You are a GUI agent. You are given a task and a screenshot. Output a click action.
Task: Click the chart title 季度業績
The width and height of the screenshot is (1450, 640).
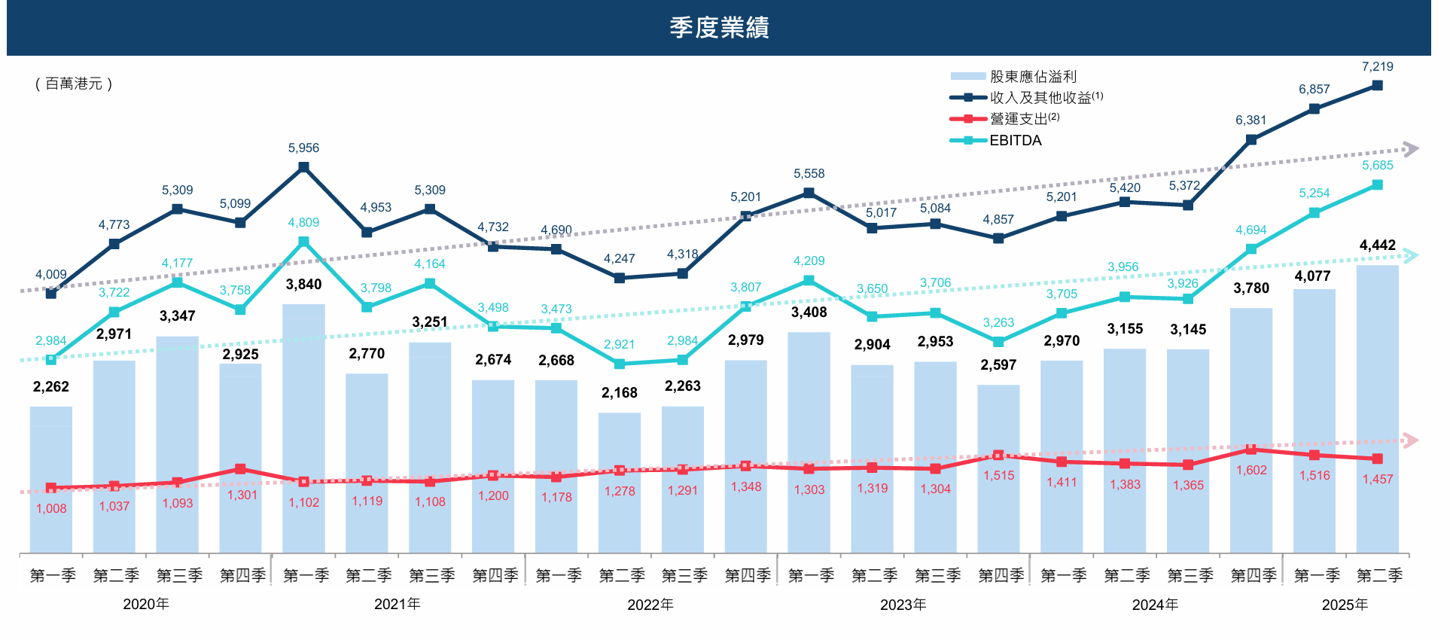click(x=719, y=28)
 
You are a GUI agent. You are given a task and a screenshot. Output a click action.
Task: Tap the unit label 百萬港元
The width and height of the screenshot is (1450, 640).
click(x=74, y=84)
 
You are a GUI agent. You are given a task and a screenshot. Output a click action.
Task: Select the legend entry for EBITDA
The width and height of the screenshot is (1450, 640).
click(x=1014, y=141)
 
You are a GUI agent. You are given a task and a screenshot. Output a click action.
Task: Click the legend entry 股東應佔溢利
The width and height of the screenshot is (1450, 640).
click(x=1032, y=77)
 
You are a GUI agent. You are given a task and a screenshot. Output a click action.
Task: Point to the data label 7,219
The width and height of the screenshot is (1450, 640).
click(x=1377, y=67)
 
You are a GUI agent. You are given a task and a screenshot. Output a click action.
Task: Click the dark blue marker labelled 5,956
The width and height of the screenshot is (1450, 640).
click(x=303, y=167)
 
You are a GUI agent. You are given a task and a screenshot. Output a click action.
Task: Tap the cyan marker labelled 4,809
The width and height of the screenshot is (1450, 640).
click(x=303, y=242)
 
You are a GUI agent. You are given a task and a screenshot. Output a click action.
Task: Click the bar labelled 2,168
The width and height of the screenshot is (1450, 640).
click(x=619, y=482)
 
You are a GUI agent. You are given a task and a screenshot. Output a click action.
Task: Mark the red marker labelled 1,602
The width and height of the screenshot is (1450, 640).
click(x=1250, y=450)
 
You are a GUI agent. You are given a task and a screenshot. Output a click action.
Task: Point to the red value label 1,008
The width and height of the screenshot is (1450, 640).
click(x=51, y=509)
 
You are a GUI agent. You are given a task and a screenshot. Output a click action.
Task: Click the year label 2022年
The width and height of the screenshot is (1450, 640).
click(x=650, y=605)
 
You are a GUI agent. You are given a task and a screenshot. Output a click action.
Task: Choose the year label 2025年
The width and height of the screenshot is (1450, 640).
click(x=1345, y=605)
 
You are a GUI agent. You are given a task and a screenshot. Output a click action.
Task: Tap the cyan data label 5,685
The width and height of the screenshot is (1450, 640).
click(x=1377, y=166)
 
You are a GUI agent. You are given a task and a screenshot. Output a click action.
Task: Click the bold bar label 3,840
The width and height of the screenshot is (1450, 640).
click(x=303, y=285)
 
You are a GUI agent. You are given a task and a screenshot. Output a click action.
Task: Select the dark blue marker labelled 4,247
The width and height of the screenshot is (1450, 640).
click(x=619, y=278)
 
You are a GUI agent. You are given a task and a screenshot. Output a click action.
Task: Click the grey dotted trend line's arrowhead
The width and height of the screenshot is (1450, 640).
click(x=1412, y=149)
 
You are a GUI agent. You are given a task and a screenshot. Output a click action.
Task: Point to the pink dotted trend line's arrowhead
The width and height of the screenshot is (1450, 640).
click(x=1412, y=440)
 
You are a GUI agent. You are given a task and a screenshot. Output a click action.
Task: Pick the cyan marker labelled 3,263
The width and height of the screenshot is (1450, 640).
click(x=998, y=342)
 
